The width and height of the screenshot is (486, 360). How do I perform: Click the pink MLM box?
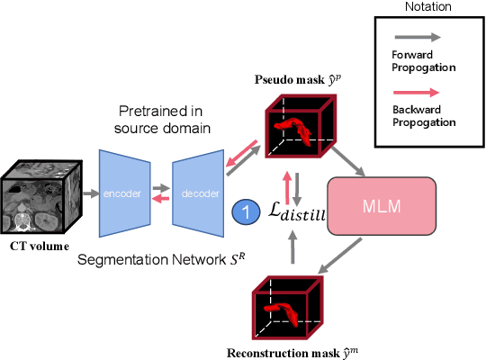coord(382,207)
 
